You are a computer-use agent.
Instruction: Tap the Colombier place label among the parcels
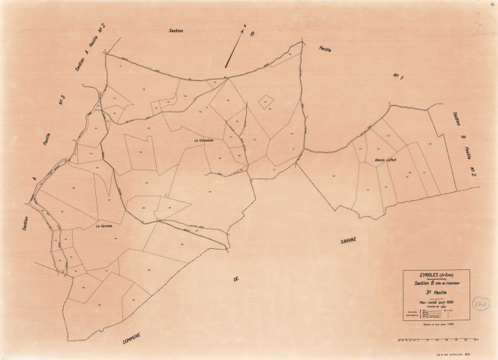[204, 139]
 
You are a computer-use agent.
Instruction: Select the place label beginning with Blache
[386, 160]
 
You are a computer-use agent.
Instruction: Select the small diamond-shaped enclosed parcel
[265, 101]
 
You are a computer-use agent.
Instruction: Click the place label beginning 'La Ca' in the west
[104, 224]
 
